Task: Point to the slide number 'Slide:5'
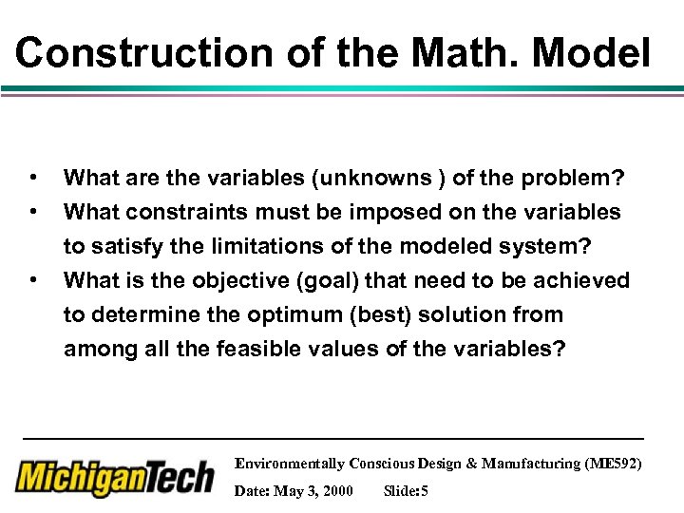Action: point(406,491)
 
